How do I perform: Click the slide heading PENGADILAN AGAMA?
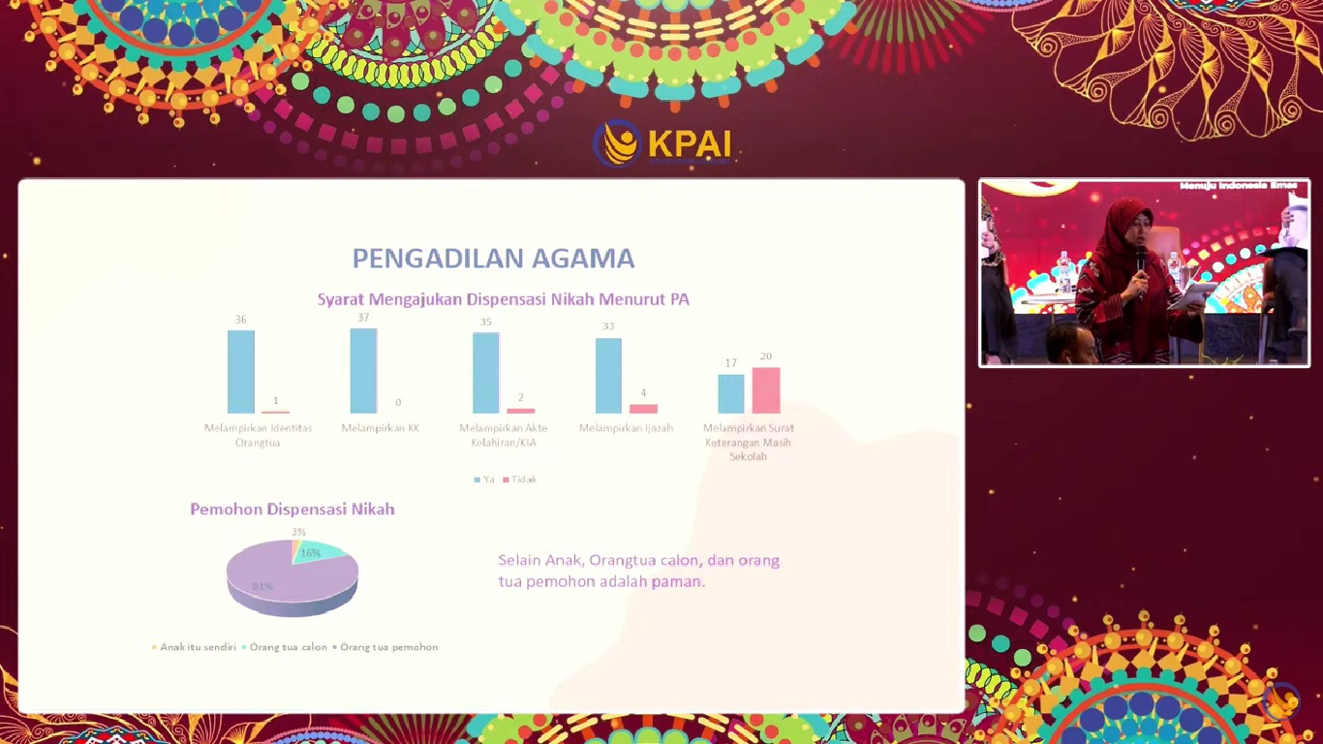pos(493,259)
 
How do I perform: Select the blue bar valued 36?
pos(241,372)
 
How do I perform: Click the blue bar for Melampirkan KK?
pos(363,371)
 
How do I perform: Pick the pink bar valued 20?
pos(765,390)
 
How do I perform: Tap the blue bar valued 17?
pos(731,394)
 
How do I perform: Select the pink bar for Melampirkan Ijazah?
pos(643,409)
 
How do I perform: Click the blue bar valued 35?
pos(486,373)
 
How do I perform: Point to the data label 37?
pos(363,318)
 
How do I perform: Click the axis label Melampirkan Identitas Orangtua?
pos(258,435)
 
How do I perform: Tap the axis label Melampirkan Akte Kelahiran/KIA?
pos(504,435)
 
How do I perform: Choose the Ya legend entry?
pos(484,480)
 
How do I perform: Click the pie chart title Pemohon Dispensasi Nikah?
pos(292,510)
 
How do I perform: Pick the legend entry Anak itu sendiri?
pos(197,647)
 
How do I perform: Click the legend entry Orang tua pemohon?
pos(387,647)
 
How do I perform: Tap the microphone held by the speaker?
pos(1141,258)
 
